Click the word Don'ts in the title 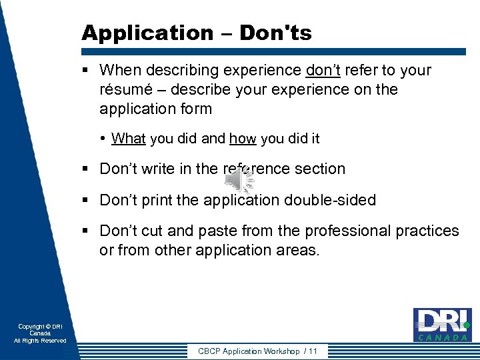click(277, 33)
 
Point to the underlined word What click(129, 139)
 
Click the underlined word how click(243, 139)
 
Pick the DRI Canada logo click(442, 325)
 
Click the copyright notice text click(40, 333)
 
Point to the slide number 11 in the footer click(313, 351)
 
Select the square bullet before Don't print click(87, 200)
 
